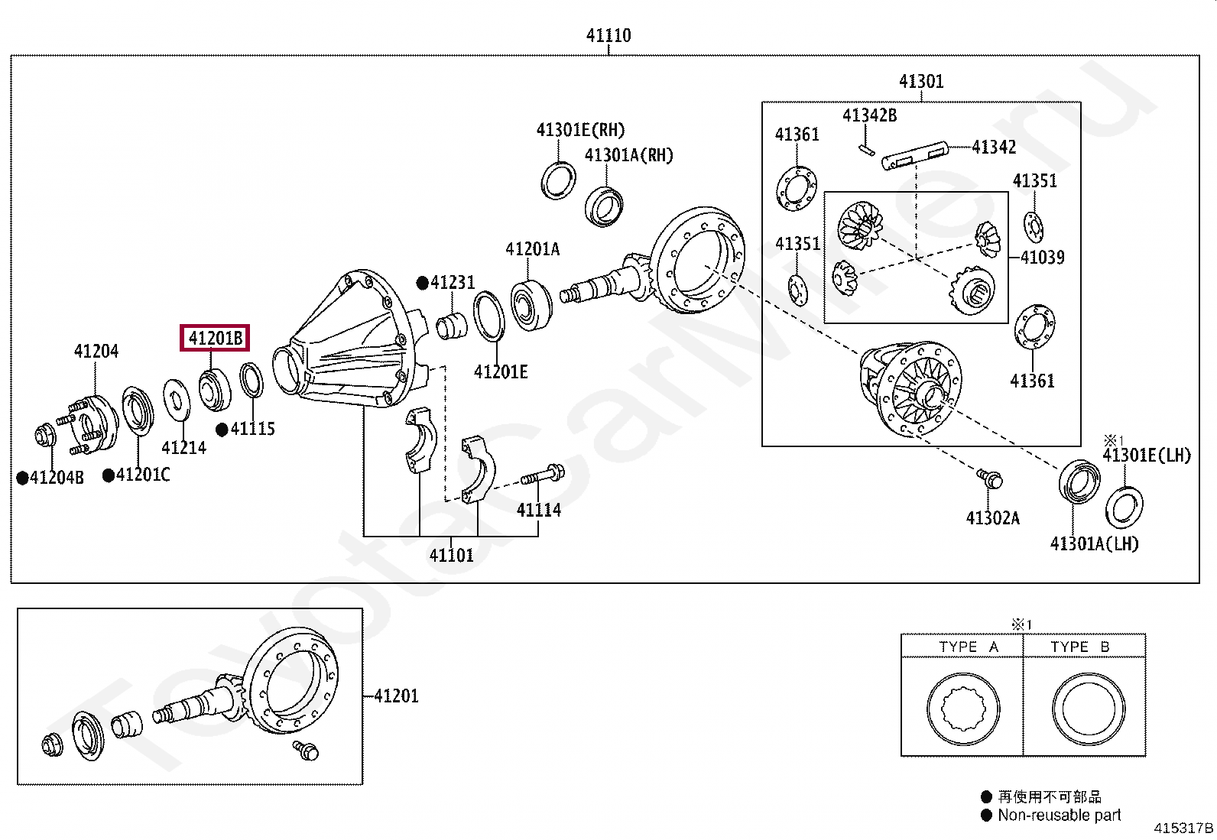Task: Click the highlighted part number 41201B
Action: click(215, 338)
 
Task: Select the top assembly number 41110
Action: click(608, 35)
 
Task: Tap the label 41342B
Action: click(869, 115)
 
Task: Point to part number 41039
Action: click(1042, 258)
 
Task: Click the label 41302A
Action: click(992, 518)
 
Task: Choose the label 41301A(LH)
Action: click(1094, 543)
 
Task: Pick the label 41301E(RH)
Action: click(580, 130)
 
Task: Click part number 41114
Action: click(538, 510)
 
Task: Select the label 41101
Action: click(451, 556)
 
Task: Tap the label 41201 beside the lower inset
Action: click(396, 696)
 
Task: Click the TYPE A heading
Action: click(969, 647)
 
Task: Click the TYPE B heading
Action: click(1079, 647)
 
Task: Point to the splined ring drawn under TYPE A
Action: click(962, 709)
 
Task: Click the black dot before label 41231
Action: click(422, 283)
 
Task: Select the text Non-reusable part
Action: click(1059, 816)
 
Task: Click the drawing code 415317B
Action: click(1183, 828)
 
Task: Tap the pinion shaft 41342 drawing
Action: click(914, 155)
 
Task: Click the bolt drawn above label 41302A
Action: click(990, 478)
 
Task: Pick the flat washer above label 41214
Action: click(177, 399)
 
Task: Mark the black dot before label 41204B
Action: click(23, 478)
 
